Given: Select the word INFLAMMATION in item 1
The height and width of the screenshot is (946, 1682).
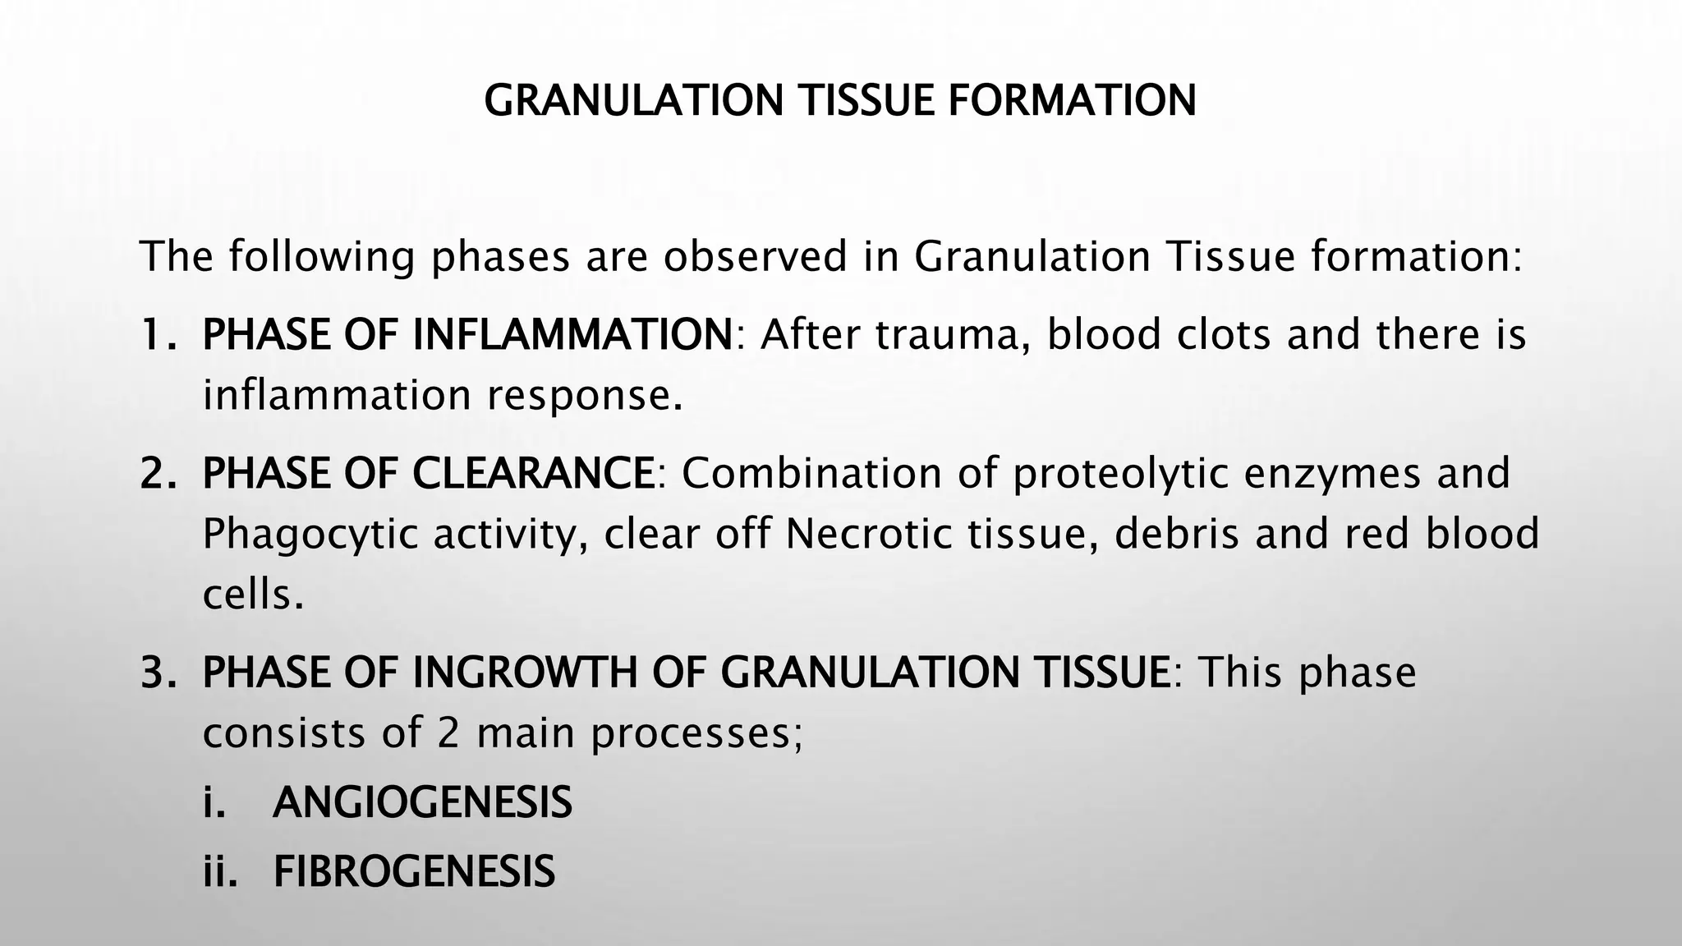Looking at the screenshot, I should click(572, 334).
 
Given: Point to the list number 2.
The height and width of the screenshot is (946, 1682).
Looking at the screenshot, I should click(157, 473).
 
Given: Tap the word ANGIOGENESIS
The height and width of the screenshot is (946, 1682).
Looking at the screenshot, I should click(422, 802).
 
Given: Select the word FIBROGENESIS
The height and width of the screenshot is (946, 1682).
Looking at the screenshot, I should click(414, 871).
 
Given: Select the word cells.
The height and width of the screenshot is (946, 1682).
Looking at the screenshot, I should click(246, 594).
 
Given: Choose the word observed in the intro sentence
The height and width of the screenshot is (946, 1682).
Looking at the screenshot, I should click(755, 256).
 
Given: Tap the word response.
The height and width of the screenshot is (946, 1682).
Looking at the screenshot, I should click(584, 396).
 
